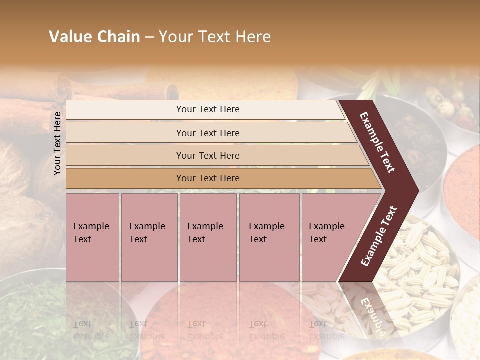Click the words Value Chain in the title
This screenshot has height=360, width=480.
click(x=94, y=37)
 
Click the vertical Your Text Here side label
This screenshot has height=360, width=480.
click(x=58, y=143)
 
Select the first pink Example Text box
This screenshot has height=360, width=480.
click(x=92, y=237)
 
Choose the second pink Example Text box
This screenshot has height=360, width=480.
click(x=149, y=237)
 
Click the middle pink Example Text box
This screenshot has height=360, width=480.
click(x=208, y=237)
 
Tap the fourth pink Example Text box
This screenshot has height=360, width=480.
click(x=269, y=237)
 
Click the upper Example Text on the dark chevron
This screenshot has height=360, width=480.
click(x=378, y=142)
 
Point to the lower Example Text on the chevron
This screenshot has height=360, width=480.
click(x=379, y=236)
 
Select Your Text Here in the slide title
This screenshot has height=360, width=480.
click(x=215, y=37)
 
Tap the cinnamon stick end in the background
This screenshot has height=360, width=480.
click(x=172, y=92)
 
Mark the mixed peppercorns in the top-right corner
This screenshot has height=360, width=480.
click(x=450, y=105)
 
